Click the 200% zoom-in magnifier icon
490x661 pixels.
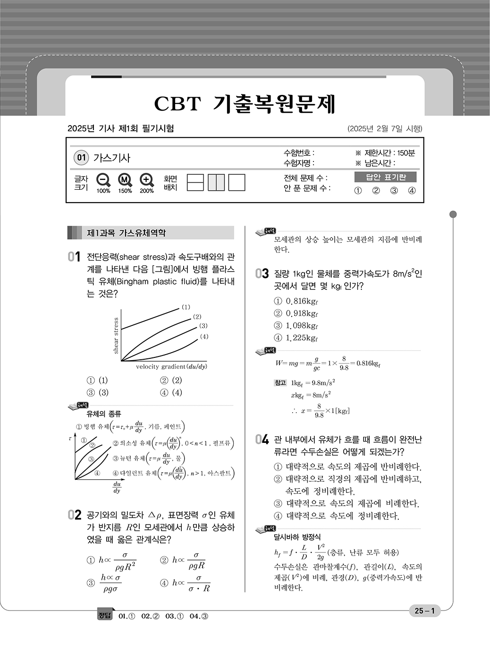(x=146, y=180)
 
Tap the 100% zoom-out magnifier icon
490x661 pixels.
(x=103, y=180)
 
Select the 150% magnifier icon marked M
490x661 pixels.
(x=125, y=180)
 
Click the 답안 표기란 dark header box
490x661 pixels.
(x=386, y=177)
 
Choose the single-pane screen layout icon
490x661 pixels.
(x=237, y=182)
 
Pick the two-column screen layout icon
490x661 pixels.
(x=216, y=182)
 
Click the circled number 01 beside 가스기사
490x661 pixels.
(x=81, y=158)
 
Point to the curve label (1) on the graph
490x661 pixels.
(x=186, y=307)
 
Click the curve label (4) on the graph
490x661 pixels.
(x=203, y=337)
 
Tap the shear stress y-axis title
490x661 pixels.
(x=116, y=335)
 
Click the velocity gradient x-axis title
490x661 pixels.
(x=171, y=367)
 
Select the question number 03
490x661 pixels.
(x=262, y=274)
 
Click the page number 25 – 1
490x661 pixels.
(x=424, y=611)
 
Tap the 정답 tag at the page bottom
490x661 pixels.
(x=104, y=616)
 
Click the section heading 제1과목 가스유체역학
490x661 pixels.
(x=126, y=233)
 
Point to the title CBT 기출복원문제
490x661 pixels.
(x=245, y=103)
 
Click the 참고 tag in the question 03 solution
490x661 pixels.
(x=280, y=383)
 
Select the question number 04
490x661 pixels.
(x=262, y=440)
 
